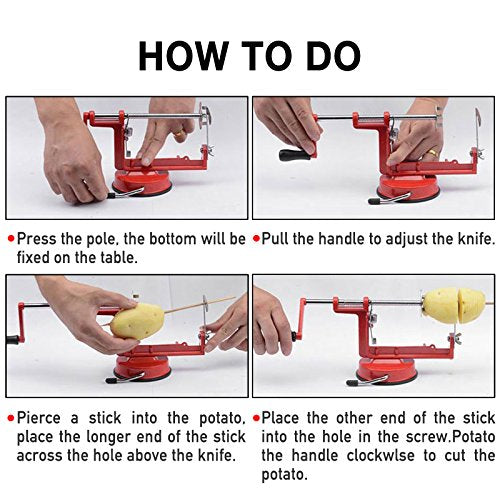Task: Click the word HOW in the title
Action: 183,55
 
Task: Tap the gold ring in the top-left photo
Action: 180,132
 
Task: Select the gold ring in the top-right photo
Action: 432,153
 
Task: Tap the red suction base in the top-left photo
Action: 142,184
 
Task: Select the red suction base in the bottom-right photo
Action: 386,369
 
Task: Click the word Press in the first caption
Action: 36,239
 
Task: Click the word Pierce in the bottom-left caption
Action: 39,418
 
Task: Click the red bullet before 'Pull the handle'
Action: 256,239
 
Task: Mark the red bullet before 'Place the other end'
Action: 256,418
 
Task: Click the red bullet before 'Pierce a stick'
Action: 11,418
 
